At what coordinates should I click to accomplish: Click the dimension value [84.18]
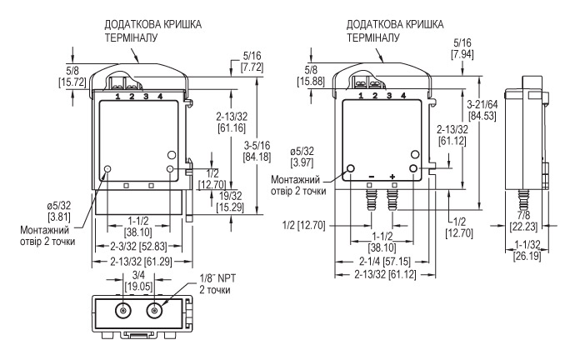257,157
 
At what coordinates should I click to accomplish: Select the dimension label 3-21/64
482,104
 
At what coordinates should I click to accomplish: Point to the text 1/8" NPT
217,278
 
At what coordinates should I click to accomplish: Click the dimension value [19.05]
138,287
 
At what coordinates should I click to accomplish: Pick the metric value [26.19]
527,256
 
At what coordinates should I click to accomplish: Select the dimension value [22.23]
523,227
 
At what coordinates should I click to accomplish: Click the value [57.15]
397,262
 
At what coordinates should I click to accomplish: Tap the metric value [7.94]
462,54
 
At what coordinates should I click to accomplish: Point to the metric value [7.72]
252,67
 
